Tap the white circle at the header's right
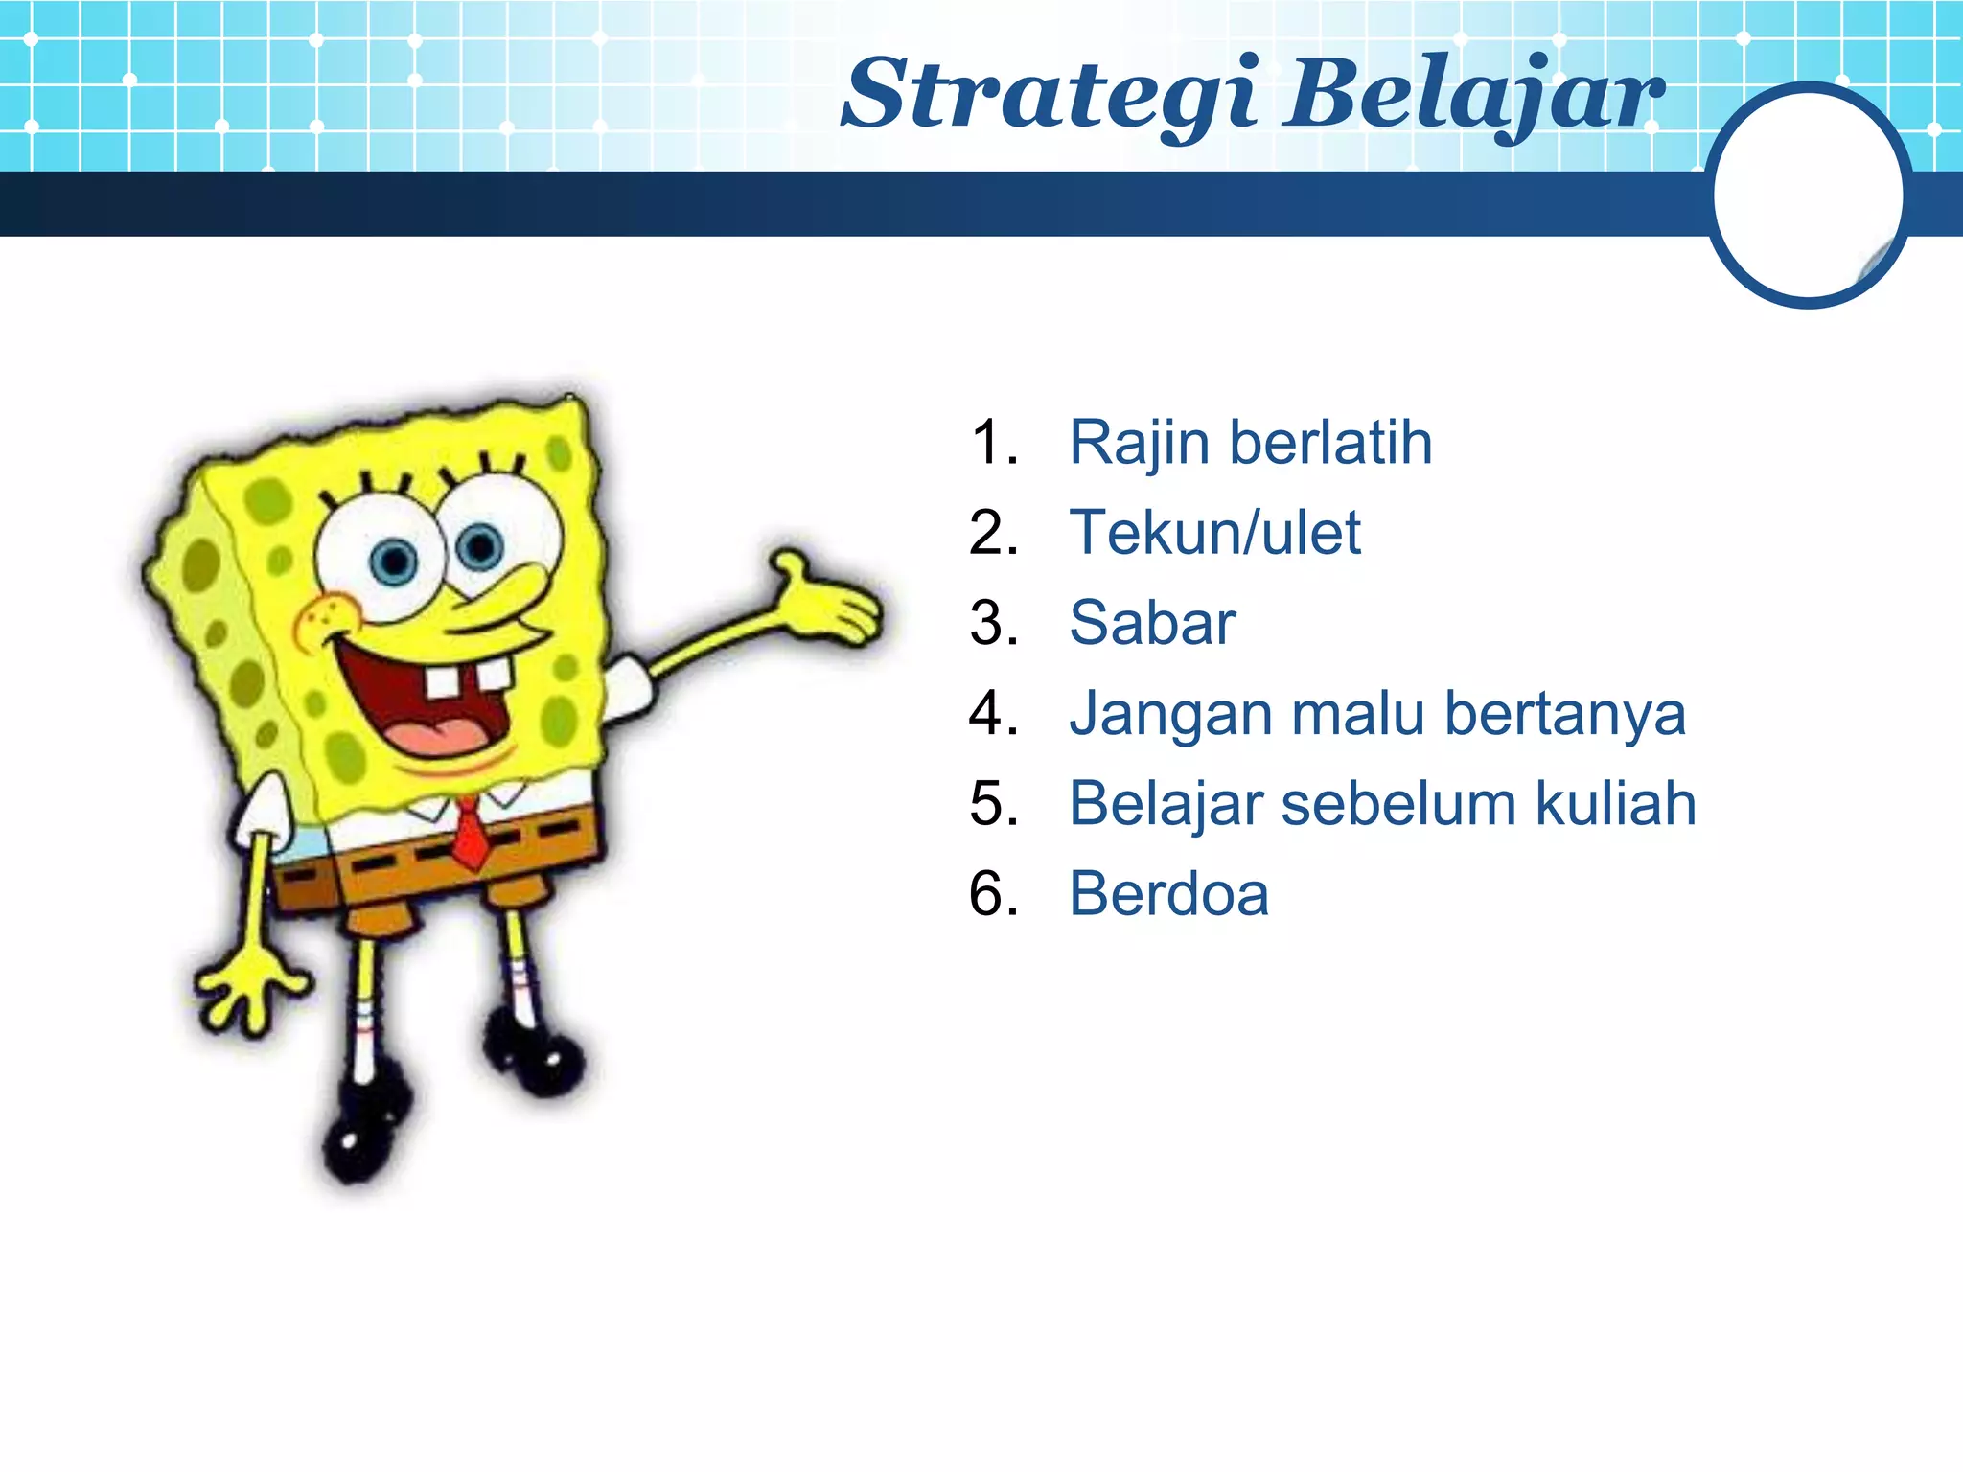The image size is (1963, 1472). [x=1808, y=195]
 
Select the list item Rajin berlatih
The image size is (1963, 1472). [x=1250, y=443]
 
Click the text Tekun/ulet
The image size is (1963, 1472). [x=1214, y=533]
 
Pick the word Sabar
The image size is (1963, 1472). [x=1152, y=623]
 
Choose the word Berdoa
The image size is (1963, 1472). [x=1168, y=894]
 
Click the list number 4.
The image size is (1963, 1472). [x=991, y=714]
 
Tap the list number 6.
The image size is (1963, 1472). [x=991, y=894]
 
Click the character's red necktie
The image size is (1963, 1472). [x=470, y=834]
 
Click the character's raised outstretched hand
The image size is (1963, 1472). [x=829, y=604]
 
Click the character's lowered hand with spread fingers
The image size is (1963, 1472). [x=249, y=987]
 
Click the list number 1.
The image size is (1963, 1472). [x=991, y=443]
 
